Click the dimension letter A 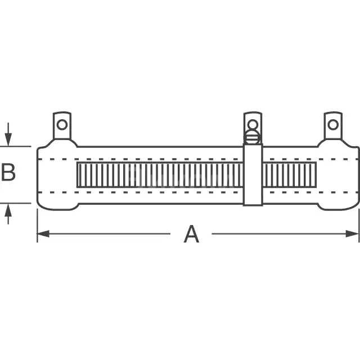tap(191, 233)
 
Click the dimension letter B tap(8, 173)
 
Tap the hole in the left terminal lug tap(62, 124)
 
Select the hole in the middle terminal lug tap(253, 124)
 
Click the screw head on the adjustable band tap(253, 137)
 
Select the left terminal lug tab tap(62, 128)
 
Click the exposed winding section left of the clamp tap(157, 175)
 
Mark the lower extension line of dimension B tap(17, 202)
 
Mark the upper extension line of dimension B tap(17, 147)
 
